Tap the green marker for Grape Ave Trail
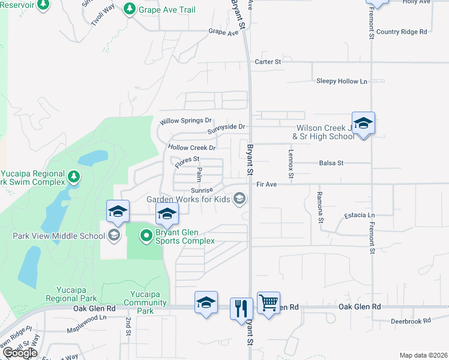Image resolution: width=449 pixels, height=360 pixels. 129,9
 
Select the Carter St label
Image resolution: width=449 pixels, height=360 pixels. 268,61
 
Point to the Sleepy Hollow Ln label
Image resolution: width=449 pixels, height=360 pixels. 342,81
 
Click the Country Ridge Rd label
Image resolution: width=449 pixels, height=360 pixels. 402,32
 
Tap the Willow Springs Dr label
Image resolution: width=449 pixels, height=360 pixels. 186,121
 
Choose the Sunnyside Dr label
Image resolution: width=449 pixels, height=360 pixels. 226,127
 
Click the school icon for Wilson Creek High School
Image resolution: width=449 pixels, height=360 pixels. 363,124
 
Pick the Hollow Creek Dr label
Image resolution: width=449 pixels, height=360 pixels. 191,148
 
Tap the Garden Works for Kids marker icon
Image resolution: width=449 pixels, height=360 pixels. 240,199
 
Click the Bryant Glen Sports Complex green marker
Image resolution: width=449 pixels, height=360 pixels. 146,235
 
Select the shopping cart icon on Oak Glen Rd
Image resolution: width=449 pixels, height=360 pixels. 268,302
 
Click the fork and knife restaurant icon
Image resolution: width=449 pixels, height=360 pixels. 241,308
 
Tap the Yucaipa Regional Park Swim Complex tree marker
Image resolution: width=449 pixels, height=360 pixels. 74,176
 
